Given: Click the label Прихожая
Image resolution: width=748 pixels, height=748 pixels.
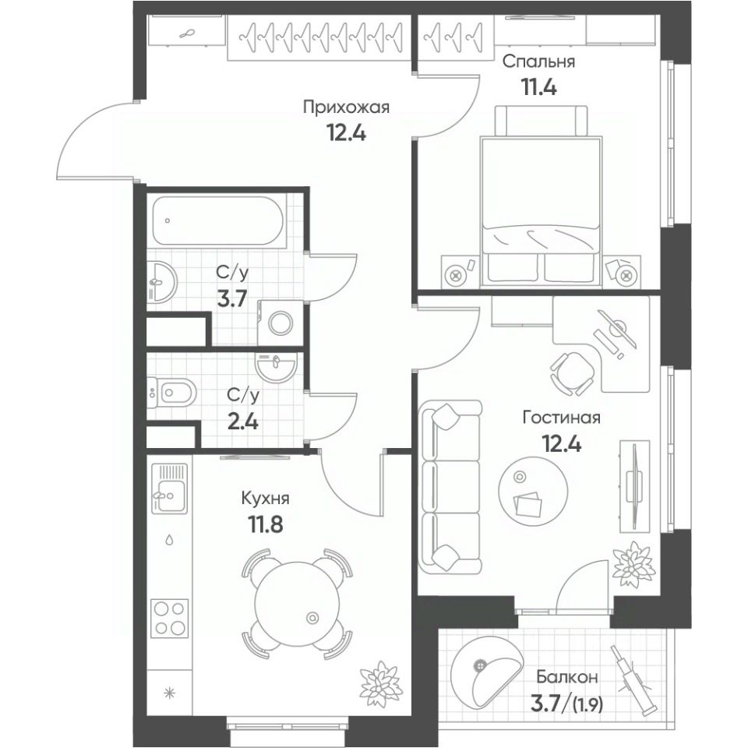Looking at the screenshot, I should click(x=345, y=108).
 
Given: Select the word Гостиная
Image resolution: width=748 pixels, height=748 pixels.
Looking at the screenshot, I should click(x=561, y=418).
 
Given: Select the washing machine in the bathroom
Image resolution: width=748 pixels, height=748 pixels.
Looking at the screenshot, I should click(x=278, y=321).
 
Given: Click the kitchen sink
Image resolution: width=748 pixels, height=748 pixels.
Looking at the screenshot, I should click(x=169, y=490).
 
